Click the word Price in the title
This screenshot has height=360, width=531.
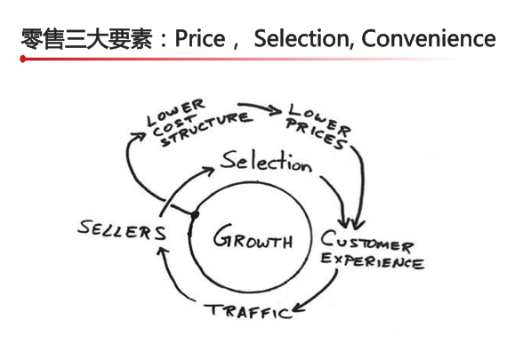[x=200, y=38]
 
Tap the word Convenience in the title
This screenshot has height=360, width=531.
[x=429, y=38]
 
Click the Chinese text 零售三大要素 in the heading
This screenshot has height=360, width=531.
[x=86, y=39]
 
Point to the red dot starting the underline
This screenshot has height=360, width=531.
[x=23, y=59]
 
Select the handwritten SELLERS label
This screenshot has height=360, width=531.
[x=122, y=230]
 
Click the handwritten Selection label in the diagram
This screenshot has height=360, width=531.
[x=266, y=161]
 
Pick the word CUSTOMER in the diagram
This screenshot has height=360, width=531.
[x=367, y=241]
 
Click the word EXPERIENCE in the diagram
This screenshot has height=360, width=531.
[x=372, y=260]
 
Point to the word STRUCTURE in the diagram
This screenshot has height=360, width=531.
[x=207, y=129]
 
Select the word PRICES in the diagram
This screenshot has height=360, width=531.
[x=317, y=134]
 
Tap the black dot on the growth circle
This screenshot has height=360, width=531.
[x=195, y=214]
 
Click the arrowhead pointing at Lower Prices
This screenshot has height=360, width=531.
[x=275, y=110]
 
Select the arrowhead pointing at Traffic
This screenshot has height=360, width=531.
[x=298, y=308]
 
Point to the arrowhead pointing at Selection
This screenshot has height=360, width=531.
[x=208, y=170]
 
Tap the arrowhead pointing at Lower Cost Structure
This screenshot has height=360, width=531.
[x=139, y=136]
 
